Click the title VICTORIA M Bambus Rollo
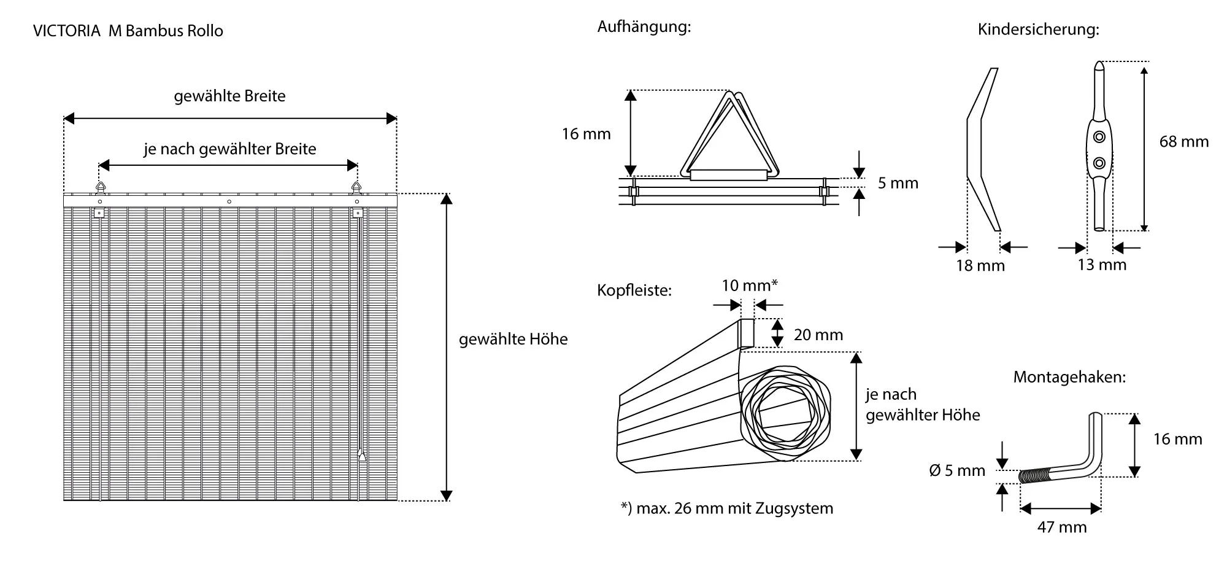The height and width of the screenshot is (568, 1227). (x=128, y=31)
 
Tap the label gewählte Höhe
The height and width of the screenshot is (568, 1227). (x=513, y=339)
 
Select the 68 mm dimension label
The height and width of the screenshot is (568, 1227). (x=1183, y=142)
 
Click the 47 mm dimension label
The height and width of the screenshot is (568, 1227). (x=1062, y=527)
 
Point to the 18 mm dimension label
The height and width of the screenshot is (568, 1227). (x=980, y=266)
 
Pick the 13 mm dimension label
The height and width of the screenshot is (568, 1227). (x=1102, y=265)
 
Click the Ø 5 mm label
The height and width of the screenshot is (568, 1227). (x=957, y=470)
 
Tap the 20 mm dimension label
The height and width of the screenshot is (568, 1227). (x=818, y=335)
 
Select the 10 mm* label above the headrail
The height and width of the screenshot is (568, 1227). (x=750, y=286)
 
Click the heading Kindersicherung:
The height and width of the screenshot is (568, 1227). (x=1038, y=29)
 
